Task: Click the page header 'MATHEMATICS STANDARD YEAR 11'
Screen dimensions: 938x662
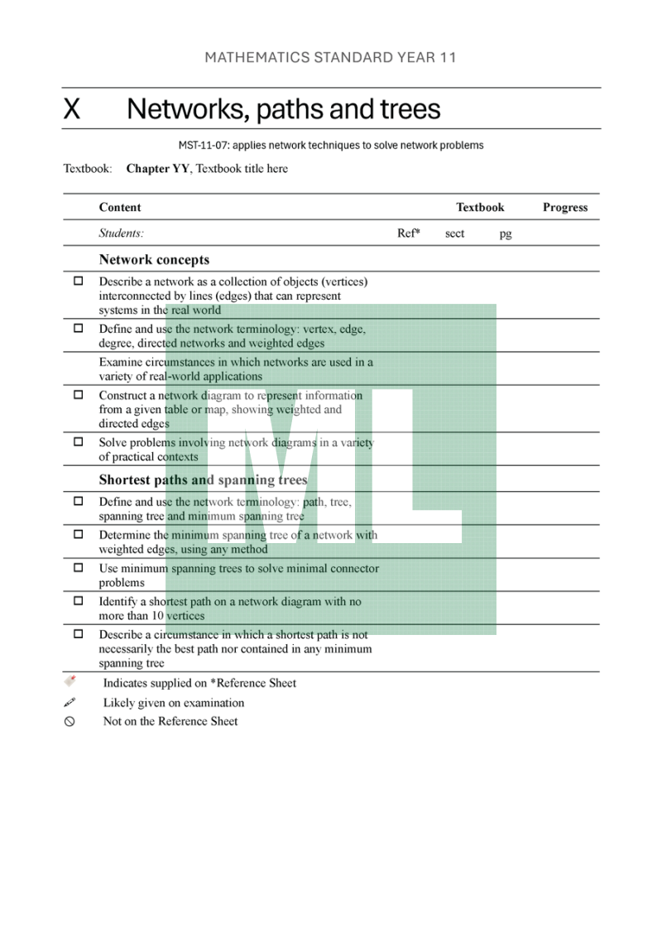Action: click(330, 58)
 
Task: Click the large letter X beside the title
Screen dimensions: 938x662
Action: click(72, 109)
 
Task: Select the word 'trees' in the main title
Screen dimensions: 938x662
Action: click(410, 109)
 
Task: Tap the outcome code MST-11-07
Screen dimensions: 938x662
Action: click(203, 146)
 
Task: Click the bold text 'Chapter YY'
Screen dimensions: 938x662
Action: click(158, 169)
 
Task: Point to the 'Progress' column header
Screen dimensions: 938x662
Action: click(565, 208)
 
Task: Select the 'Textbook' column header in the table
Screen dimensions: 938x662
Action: click(480, 208)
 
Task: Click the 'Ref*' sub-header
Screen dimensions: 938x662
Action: click(409, 233)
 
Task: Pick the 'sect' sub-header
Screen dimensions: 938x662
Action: click(454, 233)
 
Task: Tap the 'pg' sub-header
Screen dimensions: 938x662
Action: click(506, 234)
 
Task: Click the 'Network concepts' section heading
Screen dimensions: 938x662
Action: click(154, 259)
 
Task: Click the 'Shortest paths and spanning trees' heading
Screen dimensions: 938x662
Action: click(203, 480)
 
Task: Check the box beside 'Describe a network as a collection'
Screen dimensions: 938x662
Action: click(79, 281)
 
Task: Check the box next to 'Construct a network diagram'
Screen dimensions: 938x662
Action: click(79, 396)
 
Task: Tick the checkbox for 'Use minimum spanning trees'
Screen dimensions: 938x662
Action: click(79, 569)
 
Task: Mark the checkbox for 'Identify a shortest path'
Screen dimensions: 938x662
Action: click(79, 602)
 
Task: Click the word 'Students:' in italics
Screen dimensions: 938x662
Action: click(122, 233)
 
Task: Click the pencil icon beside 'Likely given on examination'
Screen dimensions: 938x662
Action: click(70, 703)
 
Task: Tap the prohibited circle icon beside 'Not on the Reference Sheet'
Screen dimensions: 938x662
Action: click(70, 722)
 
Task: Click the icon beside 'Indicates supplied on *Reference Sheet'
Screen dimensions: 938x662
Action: click(70, 681)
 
